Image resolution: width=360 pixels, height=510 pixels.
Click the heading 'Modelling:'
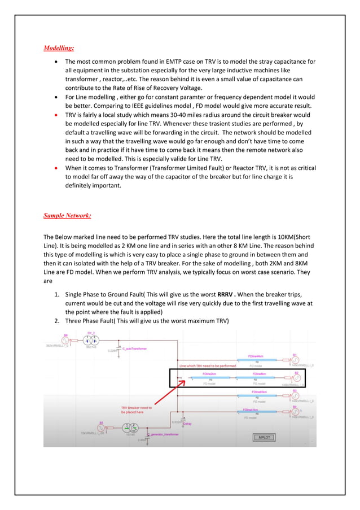point(59,48)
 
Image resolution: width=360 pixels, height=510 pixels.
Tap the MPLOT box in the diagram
point(264,437)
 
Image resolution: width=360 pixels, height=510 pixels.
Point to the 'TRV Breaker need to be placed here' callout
point(136,409)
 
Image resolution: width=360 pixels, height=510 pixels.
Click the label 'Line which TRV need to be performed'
point(207,365)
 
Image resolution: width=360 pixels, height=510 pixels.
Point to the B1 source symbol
point(295,360)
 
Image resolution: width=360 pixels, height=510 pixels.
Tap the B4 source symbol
point(295,411)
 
